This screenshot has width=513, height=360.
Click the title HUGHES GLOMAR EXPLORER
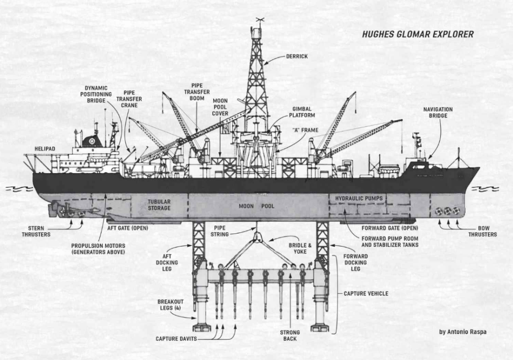click(x=418, y=35)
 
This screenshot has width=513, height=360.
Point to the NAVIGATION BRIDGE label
click(x=438, y=113)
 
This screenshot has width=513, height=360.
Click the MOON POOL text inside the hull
click(x=256, y=206)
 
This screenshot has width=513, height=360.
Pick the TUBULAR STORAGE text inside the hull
click(x=159, y=205)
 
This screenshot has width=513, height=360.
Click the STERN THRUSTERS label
click(x=36, y=231)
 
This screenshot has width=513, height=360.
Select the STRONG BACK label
click(x=289, y=335)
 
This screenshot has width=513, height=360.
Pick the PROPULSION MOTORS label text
click(x=98, y=249)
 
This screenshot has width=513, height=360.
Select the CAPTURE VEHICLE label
click(x=366, y=294)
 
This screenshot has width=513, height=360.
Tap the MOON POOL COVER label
click(x=220, y=107)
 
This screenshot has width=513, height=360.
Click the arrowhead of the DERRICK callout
click(x=264, y=63)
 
